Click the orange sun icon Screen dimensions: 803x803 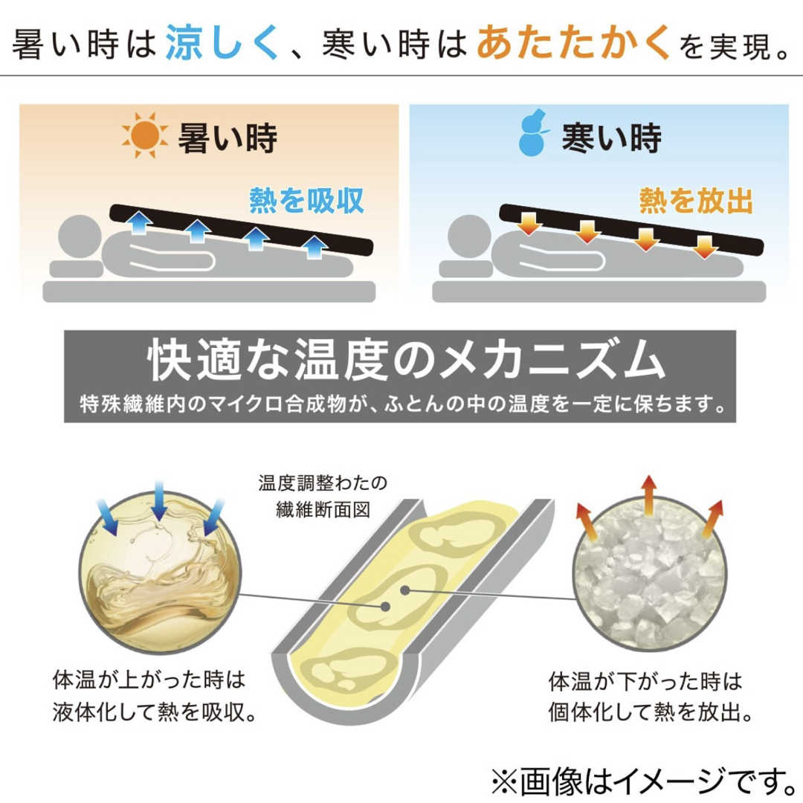coord(145,135)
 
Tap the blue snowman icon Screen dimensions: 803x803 coord(533,132)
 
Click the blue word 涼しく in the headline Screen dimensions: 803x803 coord(222,43)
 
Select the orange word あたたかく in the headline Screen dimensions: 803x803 coord(573,43)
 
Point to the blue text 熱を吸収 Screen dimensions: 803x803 coord(306,200)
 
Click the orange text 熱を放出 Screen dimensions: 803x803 coord(696,200)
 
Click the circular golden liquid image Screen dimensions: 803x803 coord(160,572)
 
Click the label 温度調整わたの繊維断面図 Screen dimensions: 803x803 coord(323,496)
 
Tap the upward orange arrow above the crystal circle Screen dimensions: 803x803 coord(649,494)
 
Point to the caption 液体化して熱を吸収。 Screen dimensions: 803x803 coord(154,712)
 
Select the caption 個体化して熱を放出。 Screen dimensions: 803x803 coord(651,712)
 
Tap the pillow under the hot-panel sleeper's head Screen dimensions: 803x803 coord(77,269)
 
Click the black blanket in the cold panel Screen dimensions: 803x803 coord(631,229)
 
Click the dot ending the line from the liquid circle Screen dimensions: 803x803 coord(386,607)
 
